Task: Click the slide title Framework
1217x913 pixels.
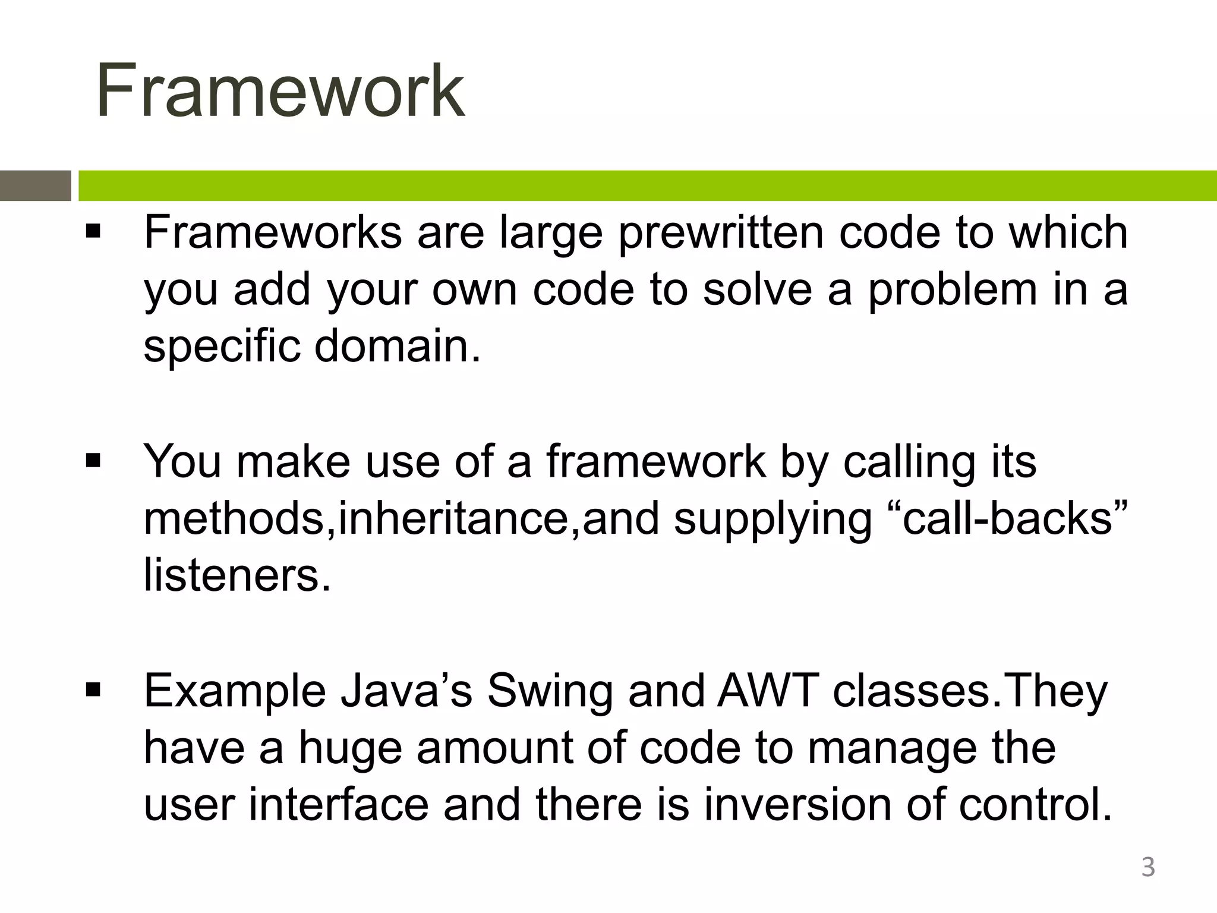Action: [x=280, y=92]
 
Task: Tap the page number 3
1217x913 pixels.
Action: [x=1147, y=867]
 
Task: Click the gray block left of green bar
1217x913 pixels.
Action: [x=35, y=185]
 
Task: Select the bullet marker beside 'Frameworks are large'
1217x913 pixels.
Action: [x=93, y=231]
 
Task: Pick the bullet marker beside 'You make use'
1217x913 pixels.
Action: [x=93, y=461]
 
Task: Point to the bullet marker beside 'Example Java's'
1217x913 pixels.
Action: [x=93, y=691]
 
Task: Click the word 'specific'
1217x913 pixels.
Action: [x=222, y=347]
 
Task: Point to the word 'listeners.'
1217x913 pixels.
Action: [x=237, y=575]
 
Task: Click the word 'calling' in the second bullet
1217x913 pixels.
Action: [x=909, y=462]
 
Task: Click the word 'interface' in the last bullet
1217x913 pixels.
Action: [x=339, y=805]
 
